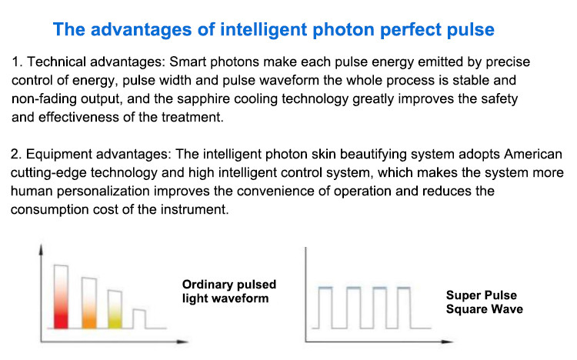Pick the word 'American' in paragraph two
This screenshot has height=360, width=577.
pos(533,154)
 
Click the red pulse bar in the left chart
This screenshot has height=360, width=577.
pos(61,296)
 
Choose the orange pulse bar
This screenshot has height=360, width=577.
pos(89,303)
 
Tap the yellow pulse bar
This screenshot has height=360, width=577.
pos(115,309)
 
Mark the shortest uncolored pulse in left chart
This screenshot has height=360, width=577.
pos(139,318)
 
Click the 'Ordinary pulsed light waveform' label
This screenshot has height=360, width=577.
pos(229,292)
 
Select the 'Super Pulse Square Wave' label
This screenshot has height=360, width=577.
pos(484,302)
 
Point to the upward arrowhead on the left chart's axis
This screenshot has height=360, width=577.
pos(41,249)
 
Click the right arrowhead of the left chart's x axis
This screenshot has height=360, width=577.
pos(183,342)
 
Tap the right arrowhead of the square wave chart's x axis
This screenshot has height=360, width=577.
pos(448,342)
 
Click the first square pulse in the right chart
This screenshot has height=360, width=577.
pos(325,287)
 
